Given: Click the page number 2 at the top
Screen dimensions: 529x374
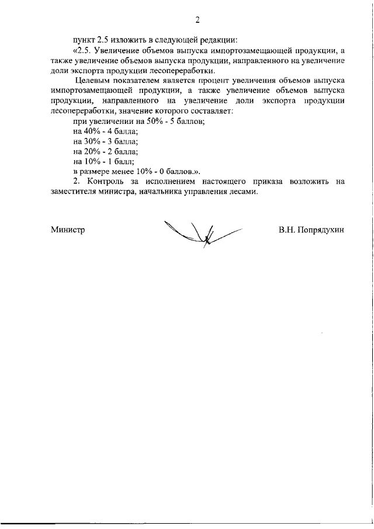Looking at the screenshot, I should (x=198, y=20).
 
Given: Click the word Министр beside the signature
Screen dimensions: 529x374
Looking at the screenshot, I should (x=68, y=230).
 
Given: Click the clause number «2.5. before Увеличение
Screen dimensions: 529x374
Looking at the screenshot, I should (x=83, y=51).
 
